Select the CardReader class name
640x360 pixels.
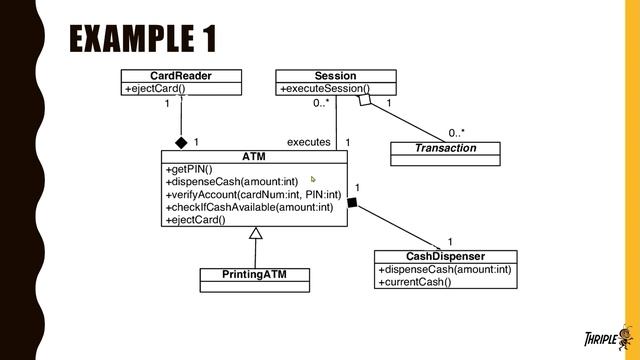pos(180,76)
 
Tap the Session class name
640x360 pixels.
pos(335,76)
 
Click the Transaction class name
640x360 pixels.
pos(445,148)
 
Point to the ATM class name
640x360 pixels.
pos(254,157)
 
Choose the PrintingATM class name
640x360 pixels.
pos(254,274)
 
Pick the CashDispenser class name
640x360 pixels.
pos(445,256)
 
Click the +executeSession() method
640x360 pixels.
pos(324,89)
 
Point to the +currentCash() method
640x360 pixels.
pos(414,282)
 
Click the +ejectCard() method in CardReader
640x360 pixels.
pos(155,89)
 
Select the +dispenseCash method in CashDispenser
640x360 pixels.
pos(444,269)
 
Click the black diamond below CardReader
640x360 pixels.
pos(181,142)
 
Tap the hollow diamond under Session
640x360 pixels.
pos(368,100)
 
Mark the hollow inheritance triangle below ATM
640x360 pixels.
pos(255,234)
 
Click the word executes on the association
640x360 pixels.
pos(308,142)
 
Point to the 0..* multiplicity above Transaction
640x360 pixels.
pos(456,131)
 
